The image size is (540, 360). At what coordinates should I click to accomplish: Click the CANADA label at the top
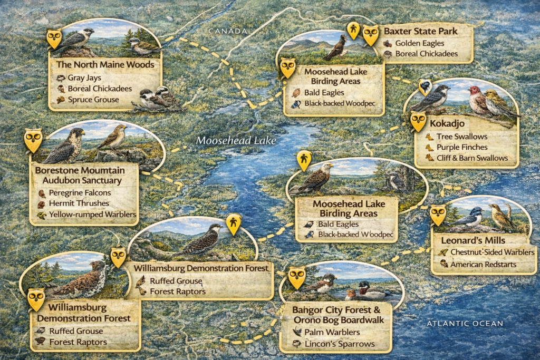coord(228,32)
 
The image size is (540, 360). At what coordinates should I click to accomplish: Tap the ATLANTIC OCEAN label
coord(465,323)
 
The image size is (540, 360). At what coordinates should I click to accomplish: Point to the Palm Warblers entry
coord(335,332)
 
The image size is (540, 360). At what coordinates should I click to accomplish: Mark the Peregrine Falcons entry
coord(81,192)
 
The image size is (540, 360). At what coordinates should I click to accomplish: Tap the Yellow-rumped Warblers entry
coord(92,215)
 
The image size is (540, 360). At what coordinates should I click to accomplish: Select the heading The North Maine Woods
coord(105,65)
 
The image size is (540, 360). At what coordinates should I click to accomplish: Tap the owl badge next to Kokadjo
coord(418,121)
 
